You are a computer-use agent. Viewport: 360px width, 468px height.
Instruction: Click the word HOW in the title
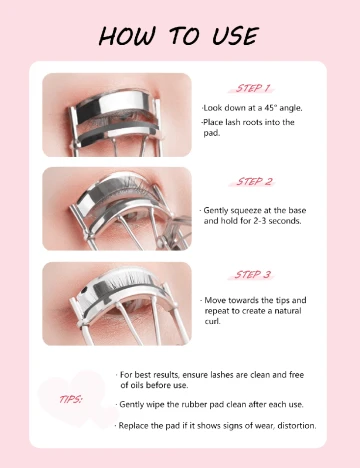pos(127,36)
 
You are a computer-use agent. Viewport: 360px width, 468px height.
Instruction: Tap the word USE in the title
pos(235,36)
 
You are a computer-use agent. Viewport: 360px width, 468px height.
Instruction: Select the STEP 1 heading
pos(252,88)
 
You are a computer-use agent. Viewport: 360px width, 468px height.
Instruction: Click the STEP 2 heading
pos(254,182)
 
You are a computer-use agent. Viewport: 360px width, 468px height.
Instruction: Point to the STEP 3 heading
pos(252,275)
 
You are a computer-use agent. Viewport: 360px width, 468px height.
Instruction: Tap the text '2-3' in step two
pos(260,221)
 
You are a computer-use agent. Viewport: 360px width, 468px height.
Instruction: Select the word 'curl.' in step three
pos(212,321)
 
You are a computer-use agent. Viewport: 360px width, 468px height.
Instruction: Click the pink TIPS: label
pos(71,399)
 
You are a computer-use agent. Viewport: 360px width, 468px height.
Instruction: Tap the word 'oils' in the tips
pos(136,385)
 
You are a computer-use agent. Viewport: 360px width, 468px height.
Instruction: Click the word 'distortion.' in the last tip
pos(297,426)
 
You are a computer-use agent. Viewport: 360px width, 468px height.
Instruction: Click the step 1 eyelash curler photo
pos(117,115)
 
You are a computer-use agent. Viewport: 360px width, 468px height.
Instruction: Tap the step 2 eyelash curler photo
pos(117,209)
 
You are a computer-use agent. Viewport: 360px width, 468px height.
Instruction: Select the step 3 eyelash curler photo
pos(117,304)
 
